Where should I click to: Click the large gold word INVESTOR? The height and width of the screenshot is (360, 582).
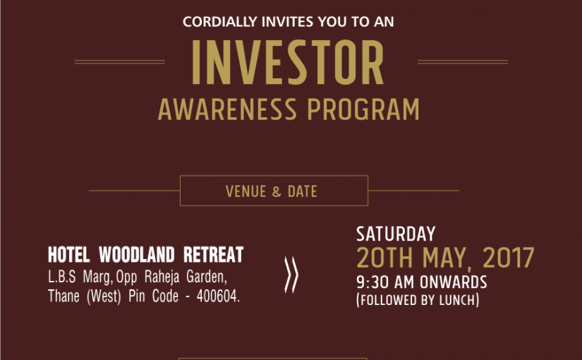[x=288, y=62]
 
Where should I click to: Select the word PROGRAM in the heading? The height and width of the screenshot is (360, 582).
[x=363, y=109]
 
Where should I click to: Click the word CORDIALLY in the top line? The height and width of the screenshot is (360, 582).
[x=219, y=22]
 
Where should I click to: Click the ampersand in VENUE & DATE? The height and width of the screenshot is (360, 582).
[x=277, y=192]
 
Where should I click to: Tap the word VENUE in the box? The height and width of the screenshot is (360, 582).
[x=245, y=192]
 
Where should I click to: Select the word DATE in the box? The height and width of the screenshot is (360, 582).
[x=302, y=192]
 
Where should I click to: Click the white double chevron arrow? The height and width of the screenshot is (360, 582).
[x=291, y=275]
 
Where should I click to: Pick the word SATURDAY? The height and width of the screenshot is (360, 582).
[x=396, y=234]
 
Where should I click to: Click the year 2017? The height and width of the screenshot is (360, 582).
[x=508, y=258]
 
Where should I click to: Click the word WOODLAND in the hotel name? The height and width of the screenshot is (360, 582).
[x=137, y=255]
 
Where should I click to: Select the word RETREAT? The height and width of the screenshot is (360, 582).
[x=214, y=255]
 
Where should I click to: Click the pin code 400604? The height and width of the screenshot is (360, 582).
[x=218, y=296]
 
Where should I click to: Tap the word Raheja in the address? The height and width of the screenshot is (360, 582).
[x=162, y=277]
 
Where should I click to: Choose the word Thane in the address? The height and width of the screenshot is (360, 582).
[x=63, y=296]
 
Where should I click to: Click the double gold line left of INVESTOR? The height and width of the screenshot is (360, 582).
[x=119, y=62]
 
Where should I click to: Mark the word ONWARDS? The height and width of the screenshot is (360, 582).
[x=453, y=282]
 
